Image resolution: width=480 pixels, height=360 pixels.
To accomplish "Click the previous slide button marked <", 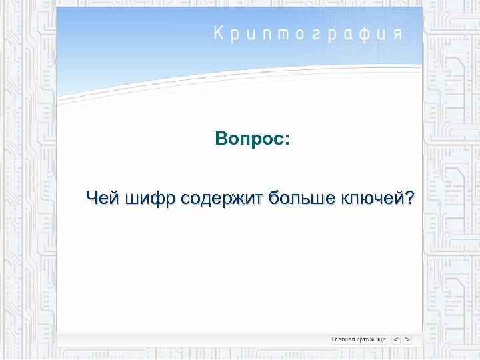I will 396,339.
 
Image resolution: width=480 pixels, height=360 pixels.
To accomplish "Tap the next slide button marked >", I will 407,339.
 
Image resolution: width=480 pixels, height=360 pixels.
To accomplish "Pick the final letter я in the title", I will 397,35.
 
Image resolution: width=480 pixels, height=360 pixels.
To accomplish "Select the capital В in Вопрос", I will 221,140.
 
